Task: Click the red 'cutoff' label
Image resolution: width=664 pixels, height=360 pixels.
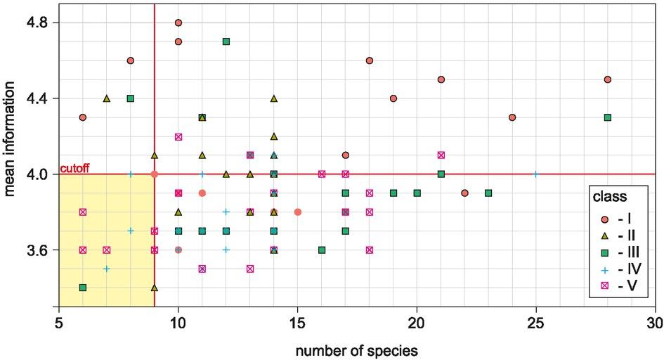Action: (74, 169)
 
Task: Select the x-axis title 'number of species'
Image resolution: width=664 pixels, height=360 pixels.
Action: (357, 347)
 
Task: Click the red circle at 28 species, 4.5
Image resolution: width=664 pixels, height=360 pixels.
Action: (607, 79)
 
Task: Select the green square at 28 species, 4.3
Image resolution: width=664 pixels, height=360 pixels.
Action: (607, 117)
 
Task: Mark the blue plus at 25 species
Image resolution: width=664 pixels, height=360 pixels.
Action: (535, 174)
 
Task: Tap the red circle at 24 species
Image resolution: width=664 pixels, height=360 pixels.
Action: (512, 117)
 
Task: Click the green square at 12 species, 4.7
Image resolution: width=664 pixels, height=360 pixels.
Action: (226, 41)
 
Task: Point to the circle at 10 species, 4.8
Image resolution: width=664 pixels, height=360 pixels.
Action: (178, 23)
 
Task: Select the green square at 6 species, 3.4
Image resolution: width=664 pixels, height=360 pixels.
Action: (83, 288)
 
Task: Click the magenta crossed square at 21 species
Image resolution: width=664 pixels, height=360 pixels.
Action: (441, 155)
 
